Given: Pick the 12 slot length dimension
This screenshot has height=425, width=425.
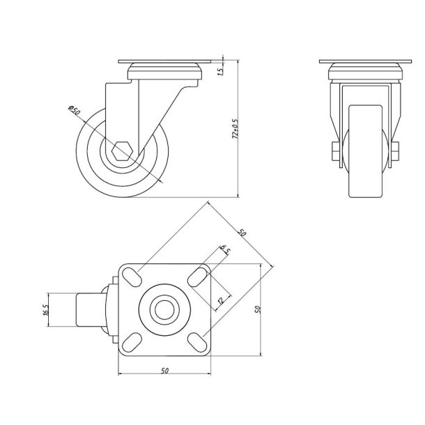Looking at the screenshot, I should [x=221, y=301].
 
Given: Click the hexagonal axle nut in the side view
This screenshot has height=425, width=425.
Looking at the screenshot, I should [x=121, y=151].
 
